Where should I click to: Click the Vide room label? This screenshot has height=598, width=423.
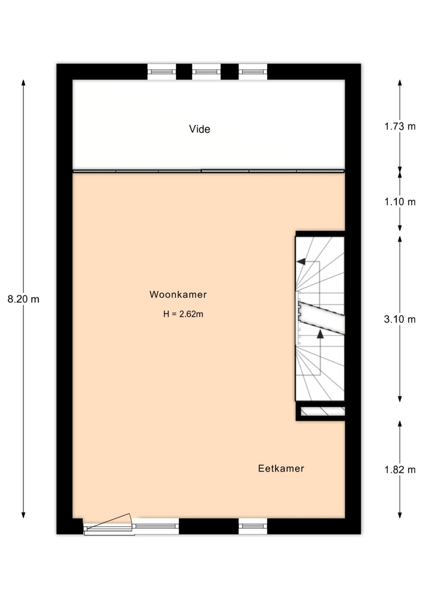199,129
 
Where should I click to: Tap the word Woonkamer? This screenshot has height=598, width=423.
178,295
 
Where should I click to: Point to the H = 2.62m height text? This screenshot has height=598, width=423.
183,314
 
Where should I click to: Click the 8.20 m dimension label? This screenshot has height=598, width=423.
23,299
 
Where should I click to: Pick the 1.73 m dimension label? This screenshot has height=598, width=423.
400,126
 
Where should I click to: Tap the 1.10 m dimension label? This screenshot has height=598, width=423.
400,202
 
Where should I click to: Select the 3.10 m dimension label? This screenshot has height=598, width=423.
400,319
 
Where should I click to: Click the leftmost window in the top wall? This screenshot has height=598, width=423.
162,71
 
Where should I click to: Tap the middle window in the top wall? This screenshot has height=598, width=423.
206,71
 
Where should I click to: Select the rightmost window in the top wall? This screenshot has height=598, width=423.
253,71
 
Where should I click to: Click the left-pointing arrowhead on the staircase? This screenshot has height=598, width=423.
301,262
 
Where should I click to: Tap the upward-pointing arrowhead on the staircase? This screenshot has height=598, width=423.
320,334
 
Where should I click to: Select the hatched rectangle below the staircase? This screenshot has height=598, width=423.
323,411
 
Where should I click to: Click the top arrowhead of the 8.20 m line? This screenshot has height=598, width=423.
24,83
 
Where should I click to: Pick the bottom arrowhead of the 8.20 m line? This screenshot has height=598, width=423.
24,515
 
